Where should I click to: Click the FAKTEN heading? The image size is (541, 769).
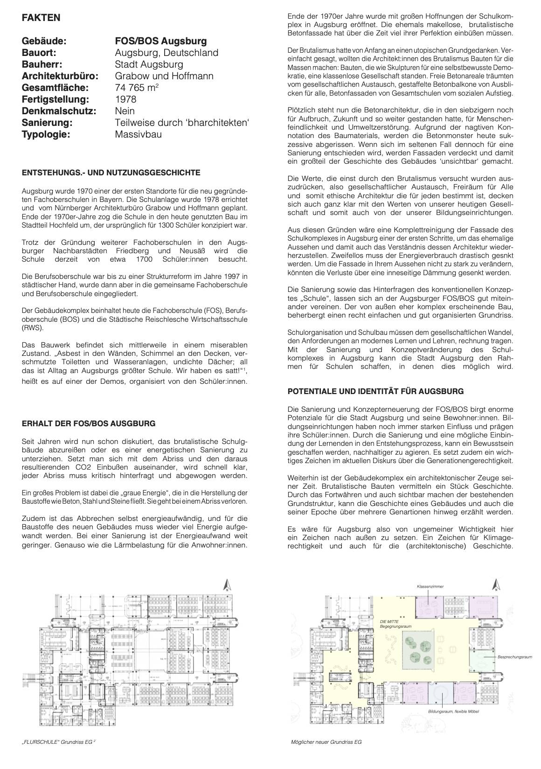tap(41, 18)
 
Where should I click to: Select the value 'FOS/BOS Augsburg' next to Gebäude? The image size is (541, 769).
tap(160, 42)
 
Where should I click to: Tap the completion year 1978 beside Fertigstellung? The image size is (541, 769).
tap(125, 99)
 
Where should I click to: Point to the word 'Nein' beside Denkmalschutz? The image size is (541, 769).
tap(125, 111)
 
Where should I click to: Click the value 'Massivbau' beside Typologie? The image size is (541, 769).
tap(138, 134)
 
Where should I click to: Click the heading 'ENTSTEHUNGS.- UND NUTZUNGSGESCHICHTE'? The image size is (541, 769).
tap(111, 173)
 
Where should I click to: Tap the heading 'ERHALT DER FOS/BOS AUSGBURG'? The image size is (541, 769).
tap(89, 424)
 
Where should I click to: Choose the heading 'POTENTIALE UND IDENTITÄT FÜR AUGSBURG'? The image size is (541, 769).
tap(375, 391)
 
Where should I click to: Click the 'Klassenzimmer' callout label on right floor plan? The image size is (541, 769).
tap(430, 586)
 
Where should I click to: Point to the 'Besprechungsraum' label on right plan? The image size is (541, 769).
tap(515, 657)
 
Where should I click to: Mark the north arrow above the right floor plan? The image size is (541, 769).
tap(496, 585)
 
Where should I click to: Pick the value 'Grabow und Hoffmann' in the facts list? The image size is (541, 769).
tap(164, 76)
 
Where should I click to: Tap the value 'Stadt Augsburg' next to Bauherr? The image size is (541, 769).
tap(149, 64)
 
